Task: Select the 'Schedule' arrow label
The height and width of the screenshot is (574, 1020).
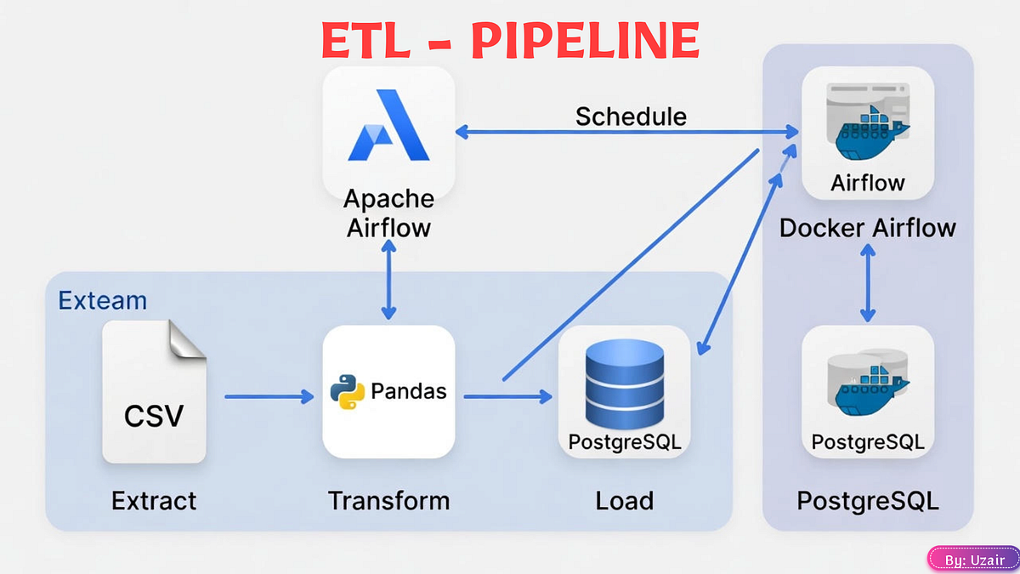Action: [631, 117]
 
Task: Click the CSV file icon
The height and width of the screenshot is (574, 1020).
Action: [154, 392]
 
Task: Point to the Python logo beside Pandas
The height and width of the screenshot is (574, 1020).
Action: [347, 392]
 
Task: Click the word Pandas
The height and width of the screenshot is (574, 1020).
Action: [408, 392]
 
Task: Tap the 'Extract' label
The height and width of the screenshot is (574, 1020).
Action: [154, 501]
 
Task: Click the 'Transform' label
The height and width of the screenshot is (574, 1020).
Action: [388, 501]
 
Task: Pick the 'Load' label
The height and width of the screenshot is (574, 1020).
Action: [624, 501]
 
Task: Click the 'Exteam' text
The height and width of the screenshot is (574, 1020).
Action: [102, 300]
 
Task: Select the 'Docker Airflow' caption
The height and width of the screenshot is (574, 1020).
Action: [868, 228]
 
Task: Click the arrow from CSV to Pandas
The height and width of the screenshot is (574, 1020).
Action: [268, 396]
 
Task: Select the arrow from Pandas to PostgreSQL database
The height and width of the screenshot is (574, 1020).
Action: [507, 396]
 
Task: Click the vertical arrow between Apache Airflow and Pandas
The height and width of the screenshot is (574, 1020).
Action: [388, 280]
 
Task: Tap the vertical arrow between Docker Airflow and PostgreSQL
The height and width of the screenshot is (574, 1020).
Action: [868, 283]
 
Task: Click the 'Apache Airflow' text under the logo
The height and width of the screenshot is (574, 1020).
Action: [388, 213]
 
